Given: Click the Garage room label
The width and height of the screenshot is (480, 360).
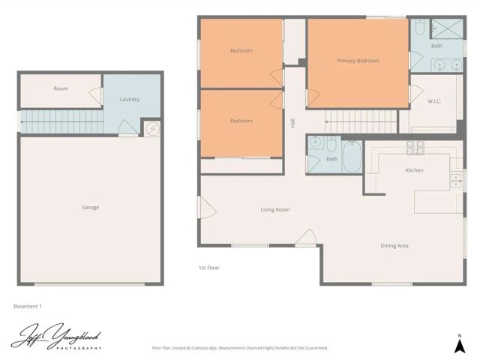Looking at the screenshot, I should click(x=90, y=208).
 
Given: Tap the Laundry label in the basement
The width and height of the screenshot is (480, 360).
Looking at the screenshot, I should click(x=130, y=100).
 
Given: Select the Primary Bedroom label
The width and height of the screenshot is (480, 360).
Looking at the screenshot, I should click(x=358, y=61).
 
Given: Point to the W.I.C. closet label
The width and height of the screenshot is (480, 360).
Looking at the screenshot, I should click(x=434, y=101).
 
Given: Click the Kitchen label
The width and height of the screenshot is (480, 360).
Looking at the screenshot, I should click(x=415, y=170).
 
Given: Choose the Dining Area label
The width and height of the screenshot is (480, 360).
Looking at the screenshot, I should click(x=394, y=245).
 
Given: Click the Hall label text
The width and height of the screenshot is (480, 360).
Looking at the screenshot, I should click(x=292, y=121).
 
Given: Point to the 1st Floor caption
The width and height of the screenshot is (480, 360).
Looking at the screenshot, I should click(x=209, y=268).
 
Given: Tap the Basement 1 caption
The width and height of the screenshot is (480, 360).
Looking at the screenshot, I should click(x=28, y=306).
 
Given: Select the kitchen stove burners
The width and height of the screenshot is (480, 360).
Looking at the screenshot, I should click(x=411, y=146).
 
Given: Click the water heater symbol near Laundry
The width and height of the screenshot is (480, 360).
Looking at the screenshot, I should click(x=151, y=129).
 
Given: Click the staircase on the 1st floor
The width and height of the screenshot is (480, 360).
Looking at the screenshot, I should click(x=361, y=121).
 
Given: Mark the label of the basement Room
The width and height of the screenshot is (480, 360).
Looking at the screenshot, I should click(x=61, y=88).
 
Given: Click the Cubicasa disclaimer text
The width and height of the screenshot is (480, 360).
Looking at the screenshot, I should click(x=240, y=348).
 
